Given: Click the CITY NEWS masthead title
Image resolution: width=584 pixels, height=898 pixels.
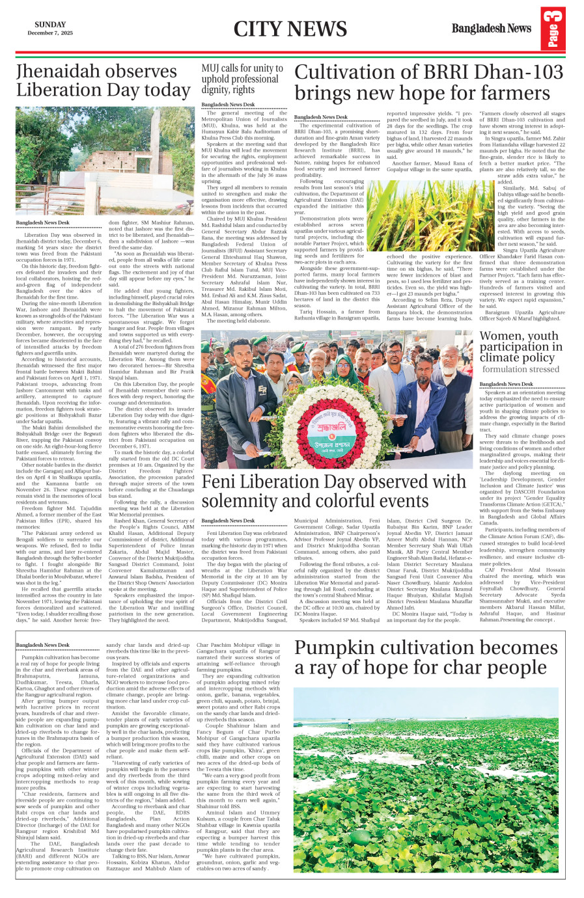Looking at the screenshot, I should pyautogui.click(x=290, y=29).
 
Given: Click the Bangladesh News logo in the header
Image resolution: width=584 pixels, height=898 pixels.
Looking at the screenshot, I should pyautogui.click(x=492, y=29).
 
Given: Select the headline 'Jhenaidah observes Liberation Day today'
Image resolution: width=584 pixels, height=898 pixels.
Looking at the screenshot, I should pyautogui.click(x=103, y=80).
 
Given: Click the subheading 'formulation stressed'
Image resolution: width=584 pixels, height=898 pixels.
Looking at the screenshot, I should pyautogui.click(x=520, y=370).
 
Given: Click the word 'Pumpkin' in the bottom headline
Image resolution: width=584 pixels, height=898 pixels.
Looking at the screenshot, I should pyautogui.click(x=337, y=648).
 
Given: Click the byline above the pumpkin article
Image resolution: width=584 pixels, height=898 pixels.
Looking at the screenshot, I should pyautogui.click(x=42, y=645).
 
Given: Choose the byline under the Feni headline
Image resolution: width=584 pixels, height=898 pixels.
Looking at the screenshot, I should pyautogui.click(x=228, y=521).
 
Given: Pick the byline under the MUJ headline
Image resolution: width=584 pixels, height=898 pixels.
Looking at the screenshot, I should pyautogui.click(x=228, y=104).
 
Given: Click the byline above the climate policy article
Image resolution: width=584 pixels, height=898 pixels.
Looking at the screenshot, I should pyautogui.click(x=506, y=384).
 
